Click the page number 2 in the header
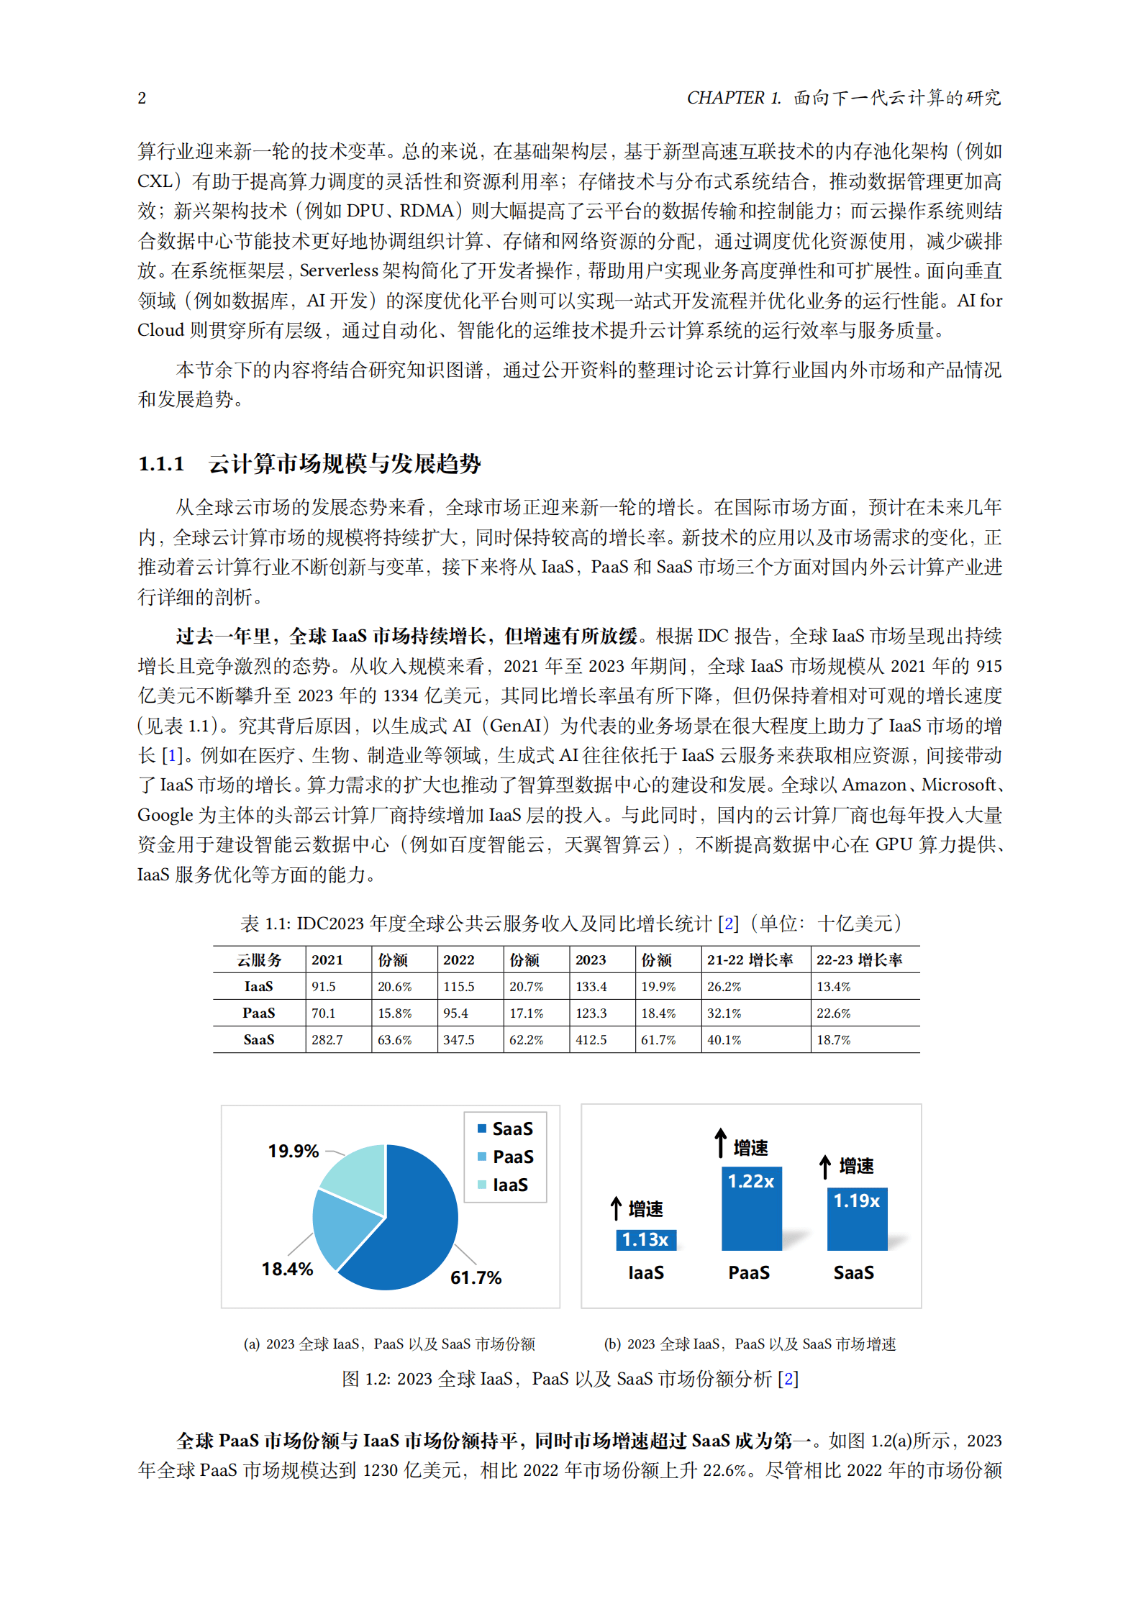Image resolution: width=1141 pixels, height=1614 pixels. (x=142, y=98)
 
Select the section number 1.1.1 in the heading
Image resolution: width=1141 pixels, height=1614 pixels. (x=161, y=464)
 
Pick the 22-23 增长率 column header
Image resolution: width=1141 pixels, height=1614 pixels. (x=859, y=960)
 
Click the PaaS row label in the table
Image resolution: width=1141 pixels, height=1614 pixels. (x=259, y=1013)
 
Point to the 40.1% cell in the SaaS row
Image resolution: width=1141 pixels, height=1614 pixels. (x=724, y=1040)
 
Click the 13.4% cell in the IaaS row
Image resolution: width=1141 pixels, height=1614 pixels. (x=833, y=987)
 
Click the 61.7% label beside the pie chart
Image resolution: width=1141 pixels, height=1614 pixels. (x=476, y=1277)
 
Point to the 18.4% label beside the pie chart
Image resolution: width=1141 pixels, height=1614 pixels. (x=287, y=1269)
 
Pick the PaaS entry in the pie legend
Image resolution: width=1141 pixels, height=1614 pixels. (x=512, y=1157)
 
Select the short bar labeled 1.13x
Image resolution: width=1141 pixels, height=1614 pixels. (x=645, y=1239)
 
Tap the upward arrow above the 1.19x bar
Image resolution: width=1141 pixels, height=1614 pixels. (x=825, y=1166)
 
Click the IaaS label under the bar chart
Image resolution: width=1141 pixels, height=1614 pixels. (x=645, y=1272)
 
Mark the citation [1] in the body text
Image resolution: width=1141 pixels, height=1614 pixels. (x=171, y=755)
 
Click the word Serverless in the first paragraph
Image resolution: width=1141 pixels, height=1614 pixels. (x=339, y=270)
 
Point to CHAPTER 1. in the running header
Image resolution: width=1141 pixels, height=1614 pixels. (x=733, y=98)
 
